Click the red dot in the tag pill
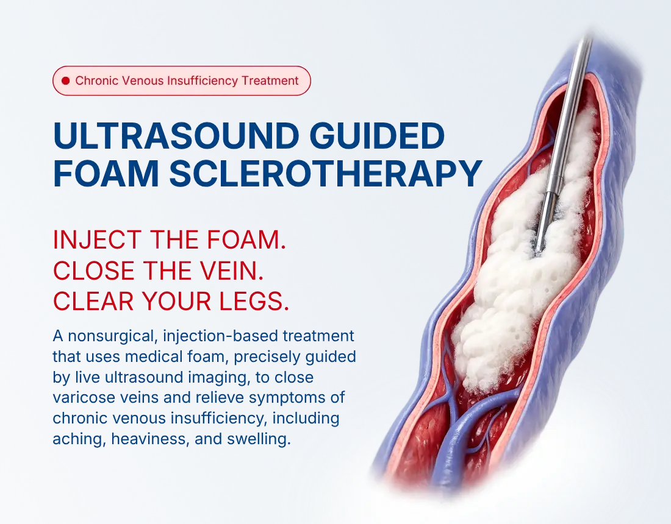coord(65,81)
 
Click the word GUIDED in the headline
coord(378,136)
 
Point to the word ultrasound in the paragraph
coord(138,377)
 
